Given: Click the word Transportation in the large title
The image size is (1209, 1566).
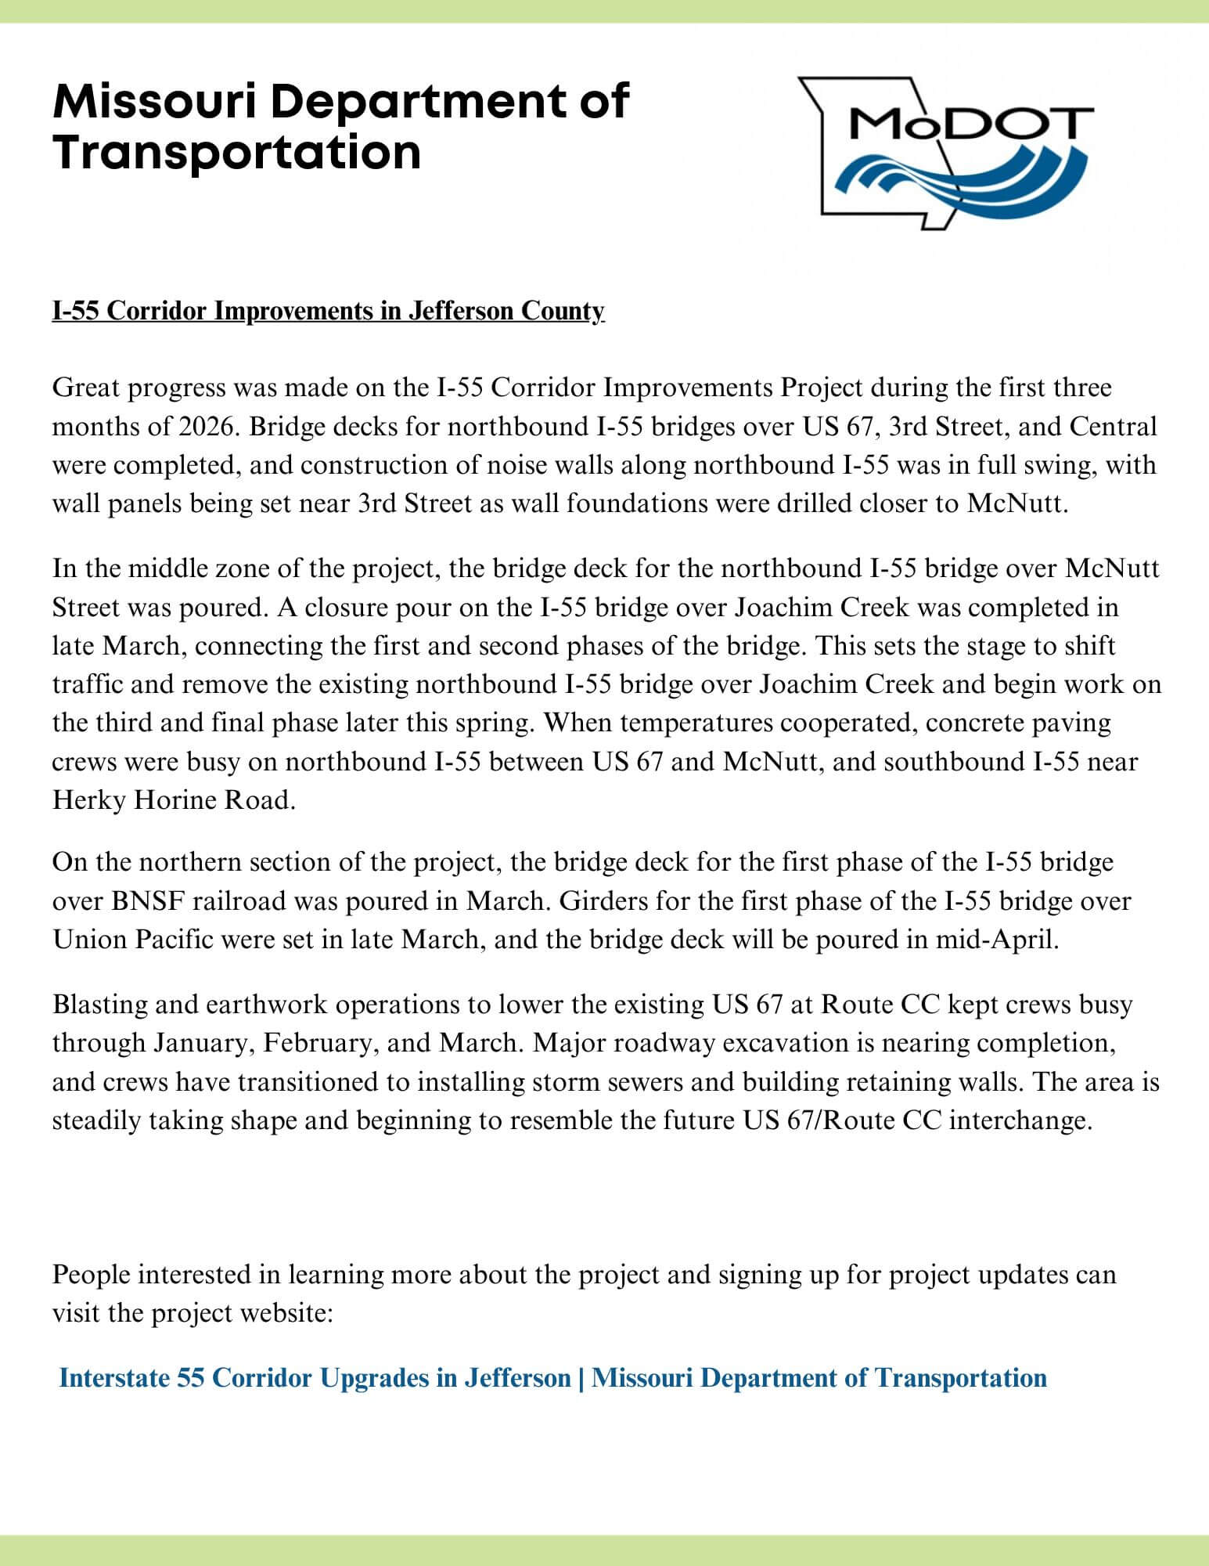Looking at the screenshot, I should (237, 152).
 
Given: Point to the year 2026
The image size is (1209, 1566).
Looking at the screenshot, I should (204, 427).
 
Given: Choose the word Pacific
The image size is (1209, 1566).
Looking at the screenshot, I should (174, 939).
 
